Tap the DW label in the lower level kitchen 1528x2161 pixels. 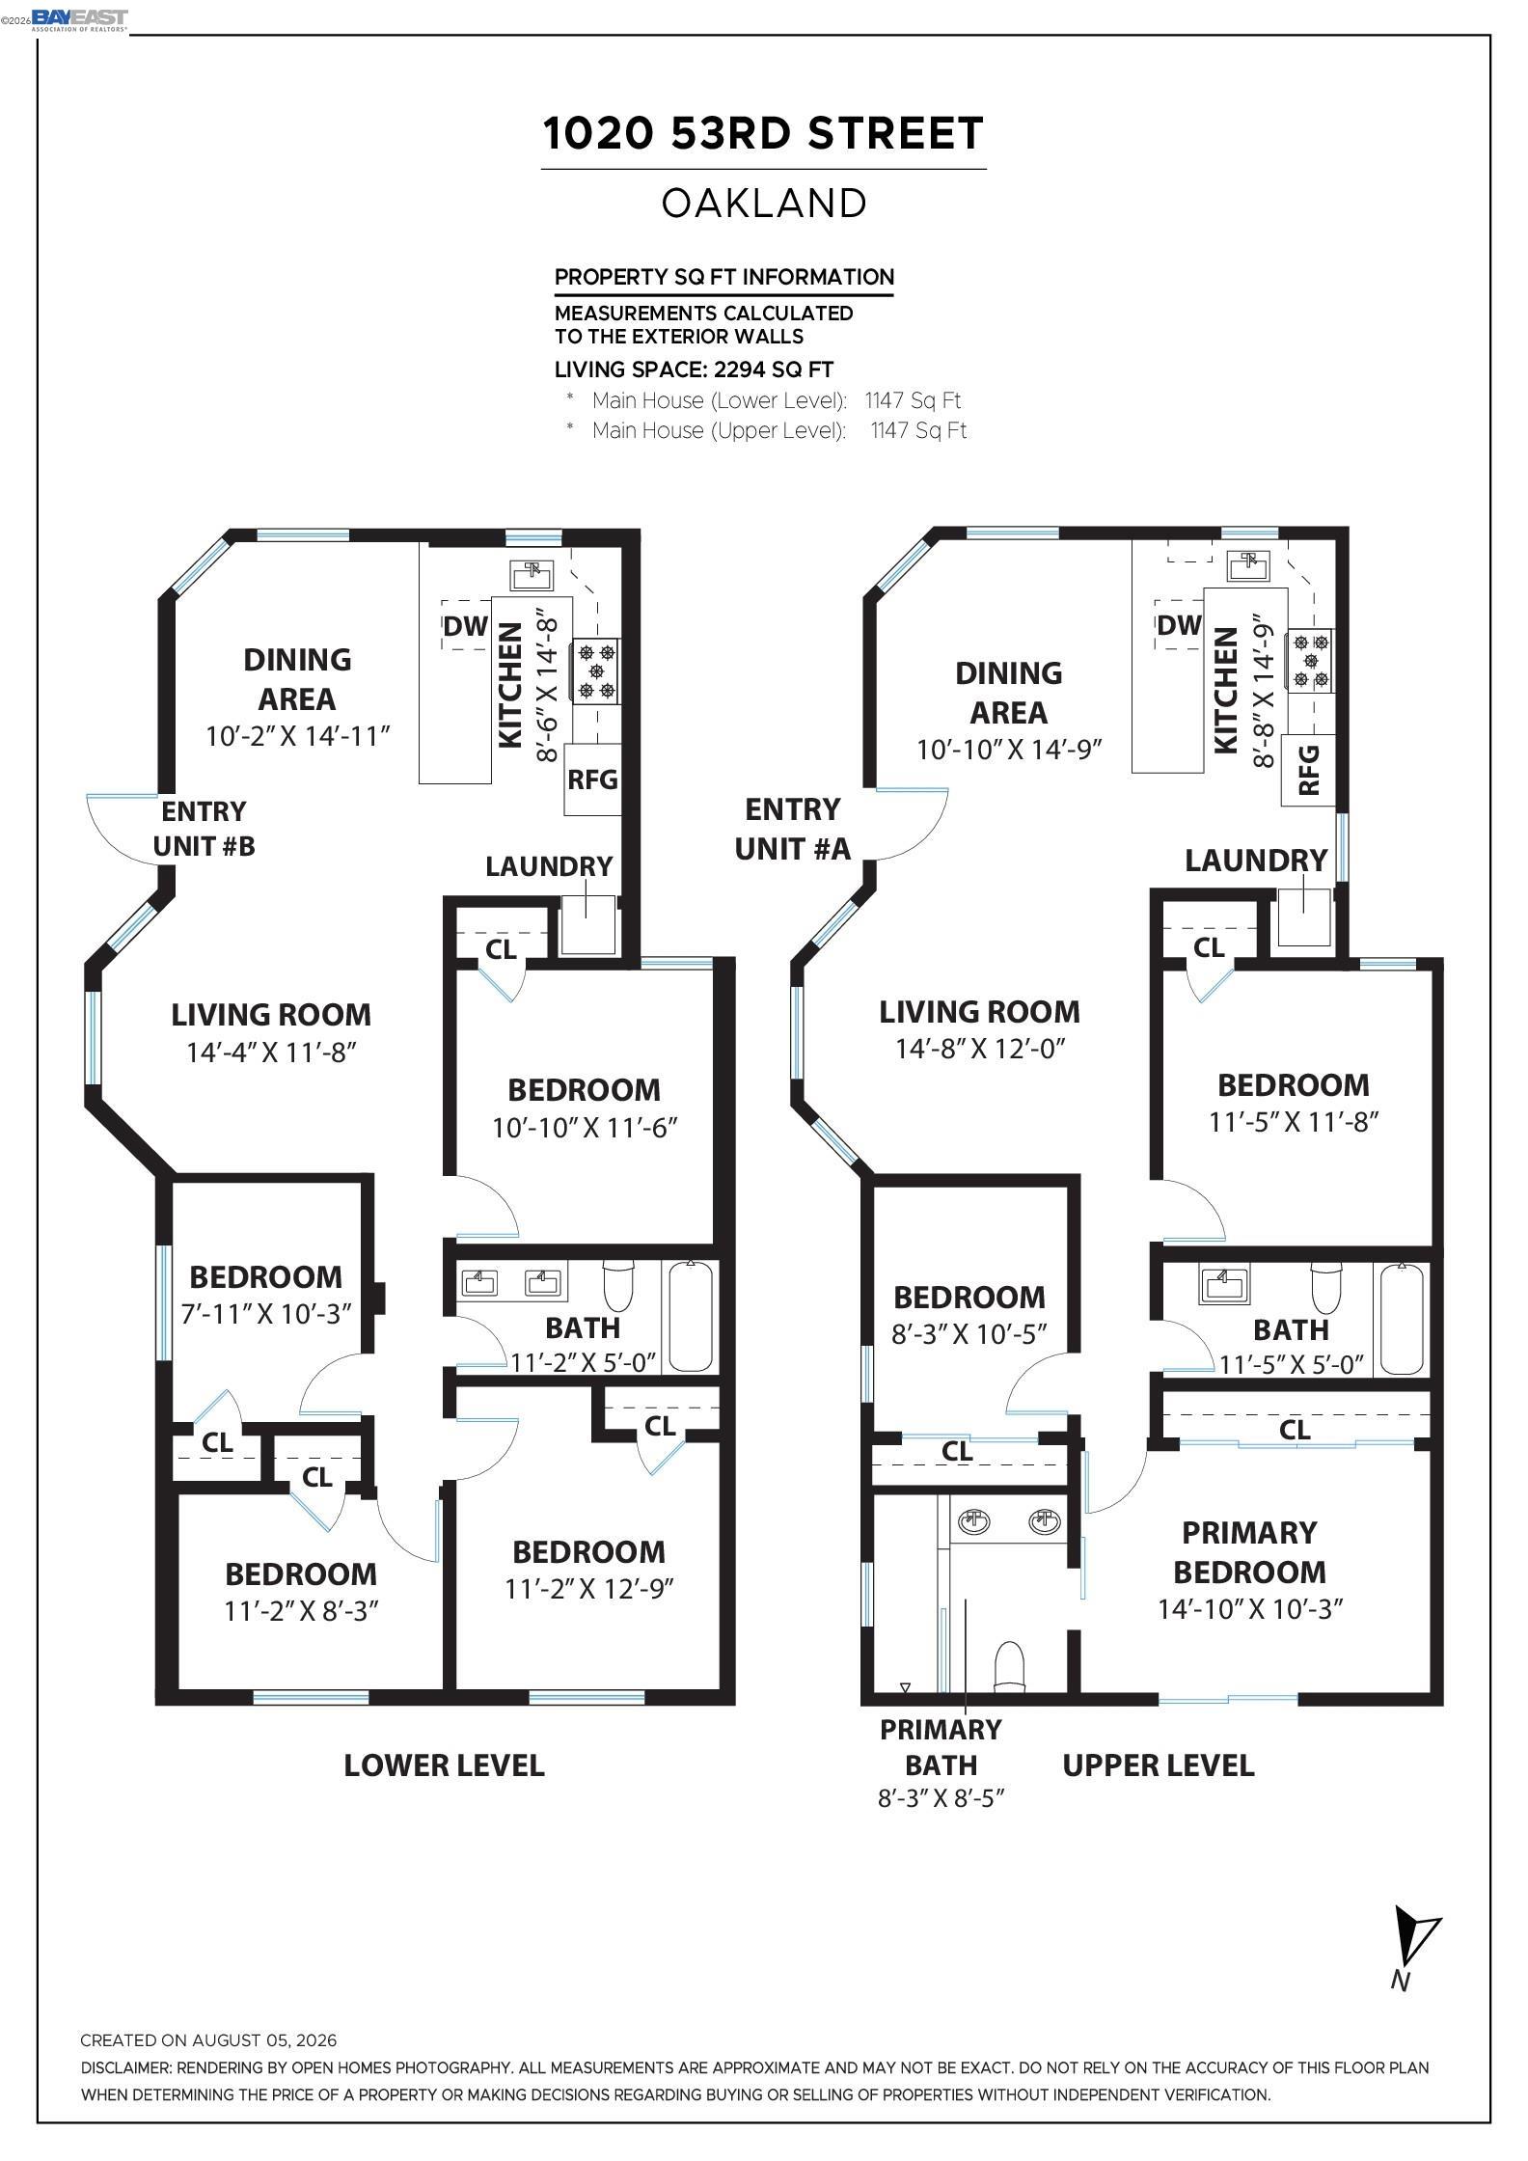466,626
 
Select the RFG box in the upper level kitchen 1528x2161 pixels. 1309,769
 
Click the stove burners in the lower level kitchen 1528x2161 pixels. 596,670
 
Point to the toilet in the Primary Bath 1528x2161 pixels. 1009,1666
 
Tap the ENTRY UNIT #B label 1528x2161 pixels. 204,829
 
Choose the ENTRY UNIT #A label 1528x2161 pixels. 793,829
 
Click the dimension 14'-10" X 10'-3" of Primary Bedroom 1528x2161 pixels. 1250,1608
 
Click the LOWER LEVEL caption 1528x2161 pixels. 445,1766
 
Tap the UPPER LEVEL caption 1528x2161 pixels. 1158,1766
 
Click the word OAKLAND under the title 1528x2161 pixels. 764,204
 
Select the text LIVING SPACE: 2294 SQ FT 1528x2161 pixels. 695,369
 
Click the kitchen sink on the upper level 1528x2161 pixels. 1251,566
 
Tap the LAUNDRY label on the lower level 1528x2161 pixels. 549,866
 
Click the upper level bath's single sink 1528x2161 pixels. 1223,1286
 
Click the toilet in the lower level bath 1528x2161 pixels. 618,1283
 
